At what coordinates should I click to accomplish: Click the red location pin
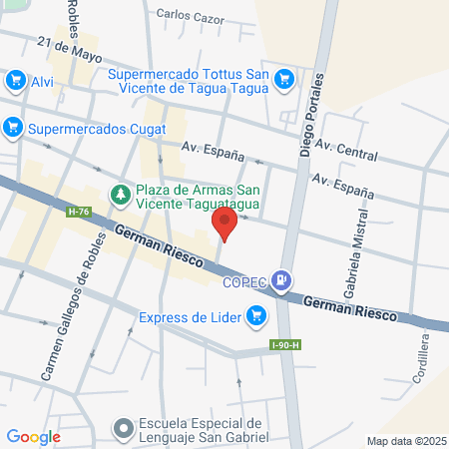[x=226, y=223]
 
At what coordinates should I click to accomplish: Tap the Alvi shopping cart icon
[x=15, y=80]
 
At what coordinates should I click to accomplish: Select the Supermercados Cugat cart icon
[x=13, y=128]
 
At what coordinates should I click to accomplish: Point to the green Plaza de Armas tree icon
[x=120, y=195]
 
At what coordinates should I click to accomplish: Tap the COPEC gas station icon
[x=284, y=281]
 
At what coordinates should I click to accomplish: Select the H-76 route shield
[x=76, y=212]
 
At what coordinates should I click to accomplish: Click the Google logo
[x=33, y=436]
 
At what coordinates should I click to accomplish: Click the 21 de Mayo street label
[x=70, y=46]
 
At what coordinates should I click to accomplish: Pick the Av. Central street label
[x=346, y=150]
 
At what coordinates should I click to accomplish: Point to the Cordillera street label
[x=425, y=359]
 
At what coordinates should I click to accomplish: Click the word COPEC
[x=247, y=282]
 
